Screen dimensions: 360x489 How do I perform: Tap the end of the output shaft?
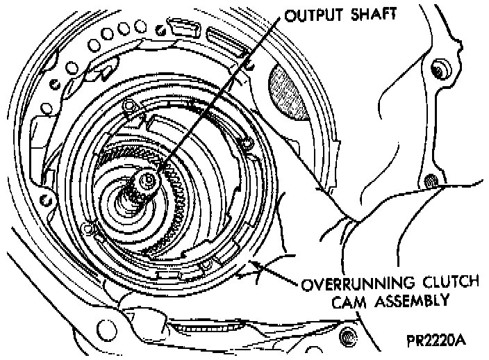[147, 182]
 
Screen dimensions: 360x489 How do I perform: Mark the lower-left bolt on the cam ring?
[88, 227]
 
